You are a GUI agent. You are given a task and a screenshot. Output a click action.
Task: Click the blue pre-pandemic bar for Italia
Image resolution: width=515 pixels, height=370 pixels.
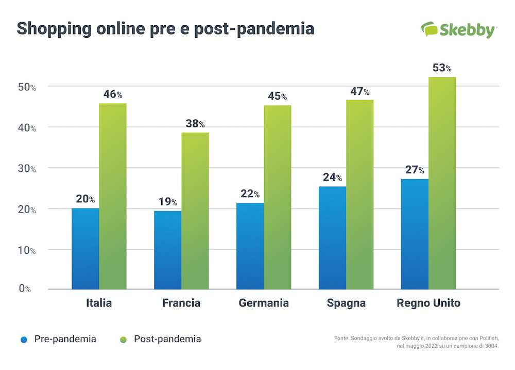pyautogui.click(x=85, y=249)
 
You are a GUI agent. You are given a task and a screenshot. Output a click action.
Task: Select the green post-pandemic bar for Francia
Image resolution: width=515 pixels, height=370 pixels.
pyautogui.click(x=195, y=211)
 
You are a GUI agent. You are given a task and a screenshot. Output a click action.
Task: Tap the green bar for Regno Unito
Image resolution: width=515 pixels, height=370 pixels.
pyautogui.click(x=442, y=183)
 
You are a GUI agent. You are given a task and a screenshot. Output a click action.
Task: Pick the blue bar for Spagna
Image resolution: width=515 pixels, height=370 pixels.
pyautogui.click(x=332, y=238)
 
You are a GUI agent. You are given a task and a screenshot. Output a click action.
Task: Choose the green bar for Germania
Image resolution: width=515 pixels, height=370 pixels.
pyautogui.click(x=278, y=198)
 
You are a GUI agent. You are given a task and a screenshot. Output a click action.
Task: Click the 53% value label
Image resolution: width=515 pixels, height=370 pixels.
pyautogui.click(x=441, y=68)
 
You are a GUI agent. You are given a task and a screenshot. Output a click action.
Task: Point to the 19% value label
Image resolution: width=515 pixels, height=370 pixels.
pyautogui.click(x=167, y=202)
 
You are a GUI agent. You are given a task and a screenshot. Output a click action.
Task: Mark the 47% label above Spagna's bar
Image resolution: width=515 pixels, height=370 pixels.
pyautogui.click(x=359, y=92)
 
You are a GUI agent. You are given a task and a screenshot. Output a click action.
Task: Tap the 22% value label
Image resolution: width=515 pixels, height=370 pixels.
pyautogui.click(x=250, y=194)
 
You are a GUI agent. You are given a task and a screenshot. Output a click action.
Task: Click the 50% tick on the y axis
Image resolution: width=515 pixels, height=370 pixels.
pyautogui.click(x=26, y=87)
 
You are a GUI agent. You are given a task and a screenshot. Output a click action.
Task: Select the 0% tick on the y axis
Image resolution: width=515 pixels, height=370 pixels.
pyautogui.click(x=25, y=289)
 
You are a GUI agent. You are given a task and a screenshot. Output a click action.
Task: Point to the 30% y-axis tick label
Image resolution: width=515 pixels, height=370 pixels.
pyautogui.click(x=26, y=168)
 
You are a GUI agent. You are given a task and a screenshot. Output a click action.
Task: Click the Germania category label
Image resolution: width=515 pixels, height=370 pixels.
pyautogui.click(x=264, y=303)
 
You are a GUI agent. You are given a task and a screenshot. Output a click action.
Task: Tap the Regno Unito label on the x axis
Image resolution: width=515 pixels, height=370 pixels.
pyautogui.click(x=428, y=303)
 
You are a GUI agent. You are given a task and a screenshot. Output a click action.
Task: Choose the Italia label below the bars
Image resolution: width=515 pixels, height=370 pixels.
pyautogui.click(x=99, y=303)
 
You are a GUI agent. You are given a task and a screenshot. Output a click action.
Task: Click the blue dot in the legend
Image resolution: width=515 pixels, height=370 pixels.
pyautogui.click(x=24, y=340)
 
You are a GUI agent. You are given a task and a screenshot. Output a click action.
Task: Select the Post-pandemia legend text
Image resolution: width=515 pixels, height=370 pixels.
pyautogui.click(x=167, y=339)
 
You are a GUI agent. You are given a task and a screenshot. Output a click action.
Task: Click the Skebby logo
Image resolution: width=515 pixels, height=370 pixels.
pyautogui.click(x=458, y=29)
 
